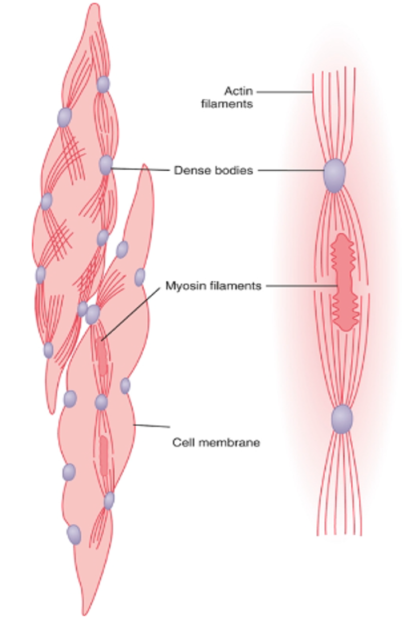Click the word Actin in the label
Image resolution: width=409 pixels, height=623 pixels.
[x=239, y=91]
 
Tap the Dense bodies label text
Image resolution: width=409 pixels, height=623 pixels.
[x=213, y=170]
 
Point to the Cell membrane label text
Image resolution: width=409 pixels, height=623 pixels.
[x=216, y=442]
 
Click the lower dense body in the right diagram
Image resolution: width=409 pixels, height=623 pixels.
[x=342, y=418]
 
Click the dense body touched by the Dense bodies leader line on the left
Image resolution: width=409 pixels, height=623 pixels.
[x=105, y=165]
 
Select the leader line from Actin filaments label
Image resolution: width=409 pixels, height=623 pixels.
[x=284, y=92]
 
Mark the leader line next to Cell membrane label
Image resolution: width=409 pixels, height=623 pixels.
[x=152, y=426]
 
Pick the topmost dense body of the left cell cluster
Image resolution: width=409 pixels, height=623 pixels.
[x=103, y=84]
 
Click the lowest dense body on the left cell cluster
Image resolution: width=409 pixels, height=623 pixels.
[x=74, y=534]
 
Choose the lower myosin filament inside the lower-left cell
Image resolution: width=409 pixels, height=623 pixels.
[x=104, y=456]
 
